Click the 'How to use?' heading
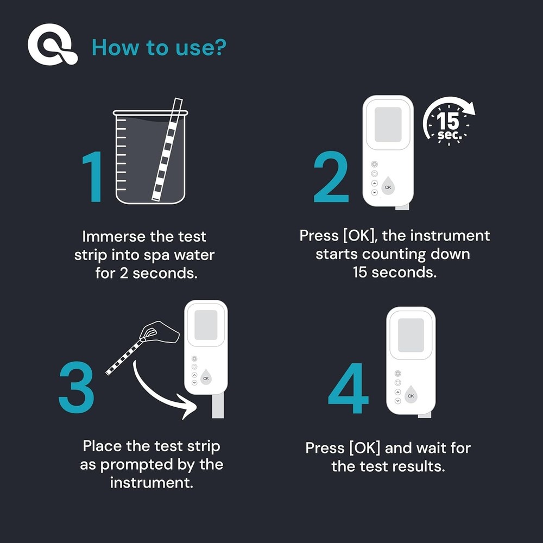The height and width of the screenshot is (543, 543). click(x=159, y=47)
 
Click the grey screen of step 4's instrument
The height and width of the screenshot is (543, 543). click(x=411, y=334)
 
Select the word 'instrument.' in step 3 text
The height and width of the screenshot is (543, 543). click(x=151, y=482)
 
